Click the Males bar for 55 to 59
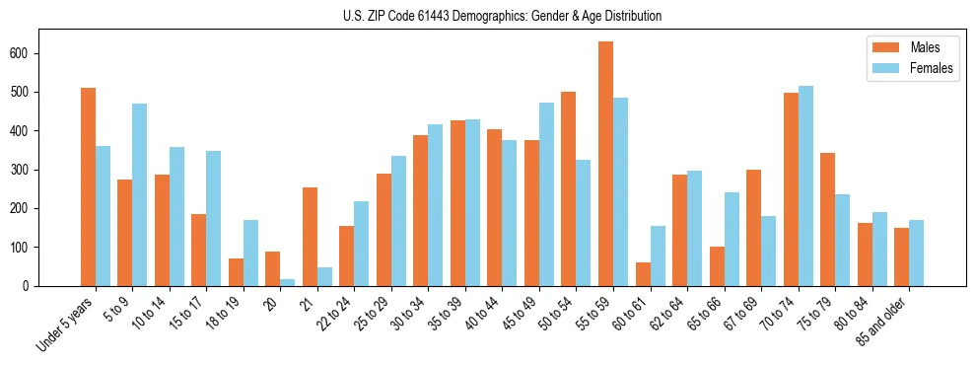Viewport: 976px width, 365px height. point(605,164)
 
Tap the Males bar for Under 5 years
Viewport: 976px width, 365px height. point(89,186)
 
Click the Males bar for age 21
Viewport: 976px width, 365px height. point(310,237)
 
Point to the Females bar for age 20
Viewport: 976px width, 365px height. point(288,282)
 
